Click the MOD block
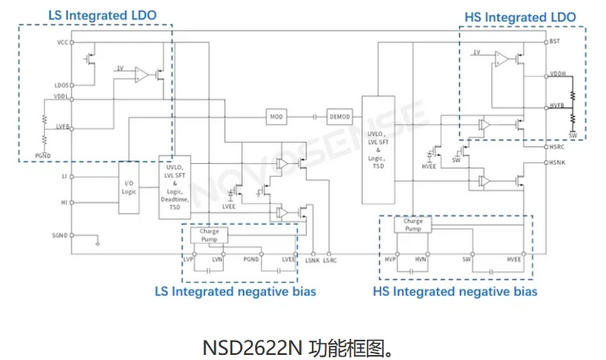point(276,115)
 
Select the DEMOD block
point(340,115)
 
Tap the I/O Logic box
point(129,187)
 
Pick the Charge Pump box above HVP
point(412,226)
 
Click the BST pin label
point(554,41)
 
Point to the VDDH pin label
point(557,74)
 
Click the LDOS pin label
point(62,85)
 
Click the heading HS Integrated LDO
point(520,17)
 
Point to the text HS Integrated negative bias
point(455,292)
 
